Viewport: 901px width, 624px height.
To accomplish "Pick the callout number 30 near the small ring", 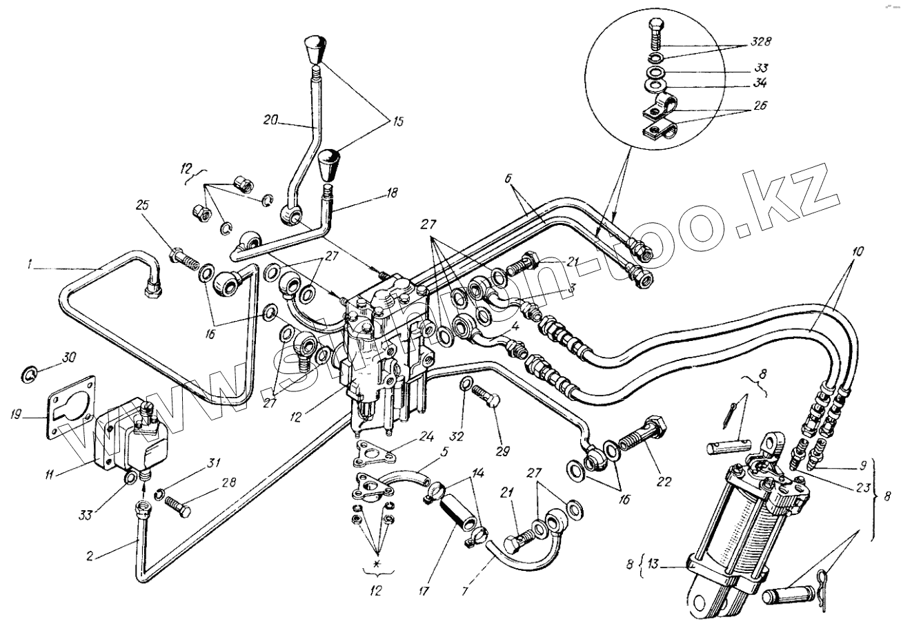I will [x=70, y=358].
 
